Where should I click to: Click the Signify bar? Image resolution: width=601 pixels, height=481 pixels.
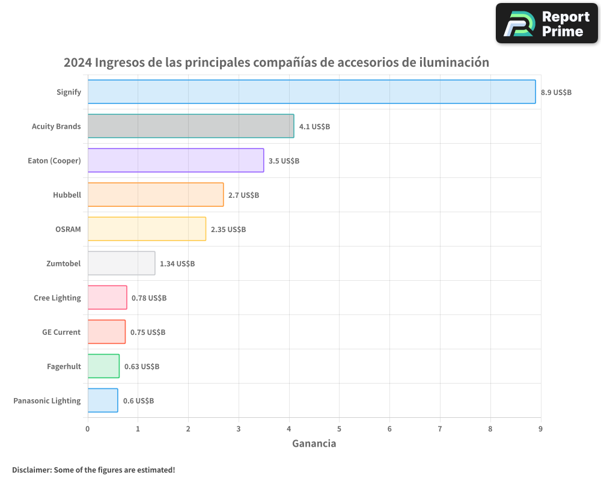[x=311, y=92]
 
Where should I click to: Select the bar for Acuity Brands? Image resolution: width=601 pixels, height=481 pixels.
[x=191, y=126]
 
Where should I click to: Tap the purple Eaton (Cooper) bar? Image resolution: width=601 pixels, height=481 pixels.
[x=175, y=161]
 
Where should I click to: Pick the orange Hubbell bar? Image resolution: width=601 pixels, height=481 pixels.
[x=156, y=195]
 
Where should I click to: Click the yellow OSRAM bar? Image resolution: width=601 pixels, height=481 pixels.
[x=147, y=229]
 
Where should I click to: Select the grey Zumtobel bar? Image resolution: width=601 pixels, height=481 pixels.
[x=121, y=263]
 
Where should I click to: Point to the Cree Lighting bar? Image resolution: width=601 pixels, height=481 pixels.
[x=107, y=298]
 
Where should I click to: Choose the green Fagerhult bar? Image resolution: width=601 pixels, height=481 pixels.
[x=103, y=366]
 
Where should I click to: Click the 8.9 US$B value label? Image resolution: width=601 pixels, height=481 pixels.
[x=556, y=93]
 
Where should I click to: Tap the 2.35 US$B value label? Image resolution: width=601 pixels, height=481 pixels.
[x=228, y=230]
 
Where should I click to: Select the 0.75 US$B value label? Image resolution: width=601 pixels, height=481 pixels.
[x=148, y=332]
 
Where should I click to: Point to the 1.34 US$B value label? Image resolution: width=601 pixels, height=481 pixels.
[x=177, y=264]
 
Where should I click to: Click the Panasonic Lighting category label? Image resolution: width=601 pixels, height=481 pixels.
[x=47, y=401]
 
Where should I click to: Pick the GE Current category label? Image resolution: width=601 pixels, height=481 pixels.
[x=61, y=332]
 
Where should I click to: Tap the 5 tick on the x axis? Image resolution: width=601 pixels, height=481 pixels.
[x=339, y=429]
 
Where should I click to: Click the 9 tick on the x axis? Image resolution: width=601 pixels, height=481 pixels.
[x=540, y=429]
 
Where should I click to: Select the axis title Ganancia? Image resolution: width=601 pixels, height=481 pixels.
[x=314, y=444]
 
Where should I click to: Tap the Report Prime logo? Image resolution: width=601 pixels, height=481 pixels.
[x=546, y=23]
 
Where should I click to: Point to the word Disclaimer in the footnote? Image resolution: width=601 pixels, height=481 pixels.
[x=31, y=470]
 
